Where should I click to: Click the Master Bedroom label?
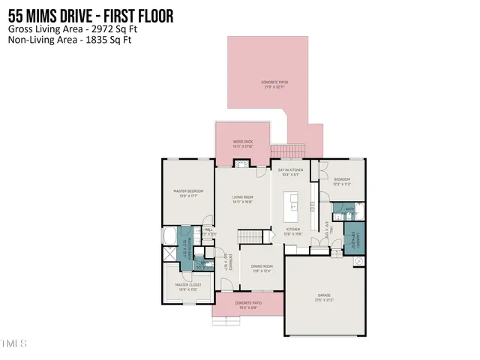click(x=188, y=191)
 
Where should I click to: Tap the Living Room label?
click(x=241, y=197)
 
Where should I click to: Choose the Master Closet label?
click(x=188, y=285)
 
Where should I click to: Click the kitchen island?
click(x=294, y=205)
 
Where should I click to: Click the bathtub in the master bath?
click(x=169, y=236)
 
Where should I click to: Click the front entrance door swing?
click(x=225, y=285)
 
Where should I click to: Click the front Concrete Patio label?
click(x=247, y=303)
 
